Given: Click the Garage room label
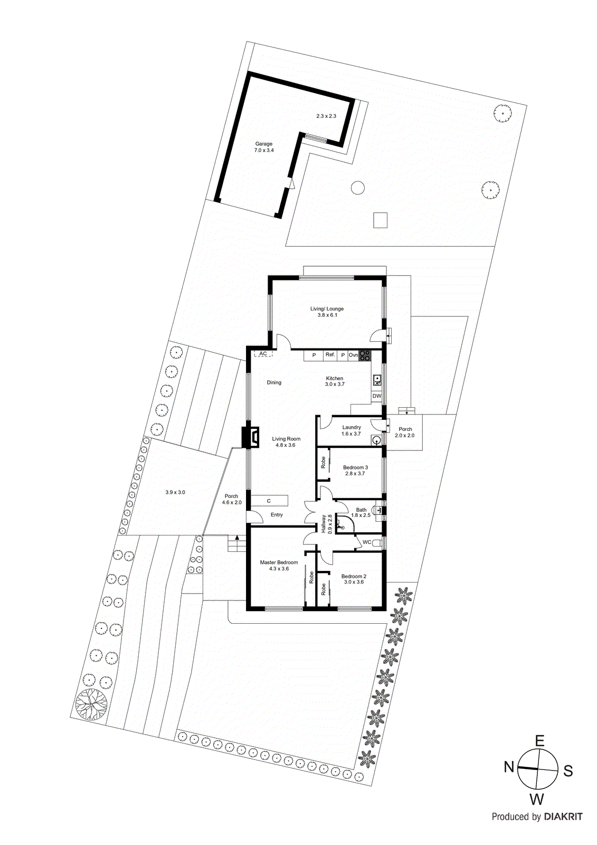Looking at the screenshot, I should click(264, 144).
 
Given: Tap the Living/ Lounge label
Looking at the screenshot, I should click(327, 309).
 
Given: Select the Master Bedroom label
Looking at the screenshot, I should click(279, 562).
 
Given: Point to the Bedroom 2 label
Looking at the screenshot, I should click(354, 576).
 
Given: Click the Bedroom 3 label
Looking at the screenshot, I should click(355, 467).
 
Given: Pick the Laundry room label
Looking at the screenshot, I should click(352, 427).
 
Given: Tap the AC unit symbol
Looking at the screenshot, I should click(263, 354).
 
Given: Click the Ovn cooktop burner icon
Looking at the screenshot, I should click(365, 355).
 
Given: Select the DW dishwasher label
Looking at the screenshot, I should click(376, 396).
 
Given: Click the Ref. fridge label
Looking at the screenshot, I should click(330, 355).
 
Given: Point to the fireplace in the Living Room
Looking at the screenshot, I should click(250, 437).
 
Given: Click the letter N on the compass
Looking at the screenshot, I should click(509, 767).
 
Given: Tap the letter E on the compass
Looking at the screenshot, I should click(539, 741).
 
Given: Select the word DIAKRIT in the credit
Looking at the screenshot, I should click(563, 816).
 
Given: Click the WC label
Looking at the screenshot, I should click(367, 542).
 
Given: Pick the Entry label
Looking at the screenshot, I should click(277, 514).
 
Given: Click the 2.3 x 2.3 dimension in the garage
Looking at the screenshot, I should click(326, 116).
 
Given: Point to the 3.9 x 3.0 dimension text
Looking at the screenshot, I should click(175, 492).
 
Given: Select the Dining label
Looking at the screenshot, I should click(274, 382).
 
